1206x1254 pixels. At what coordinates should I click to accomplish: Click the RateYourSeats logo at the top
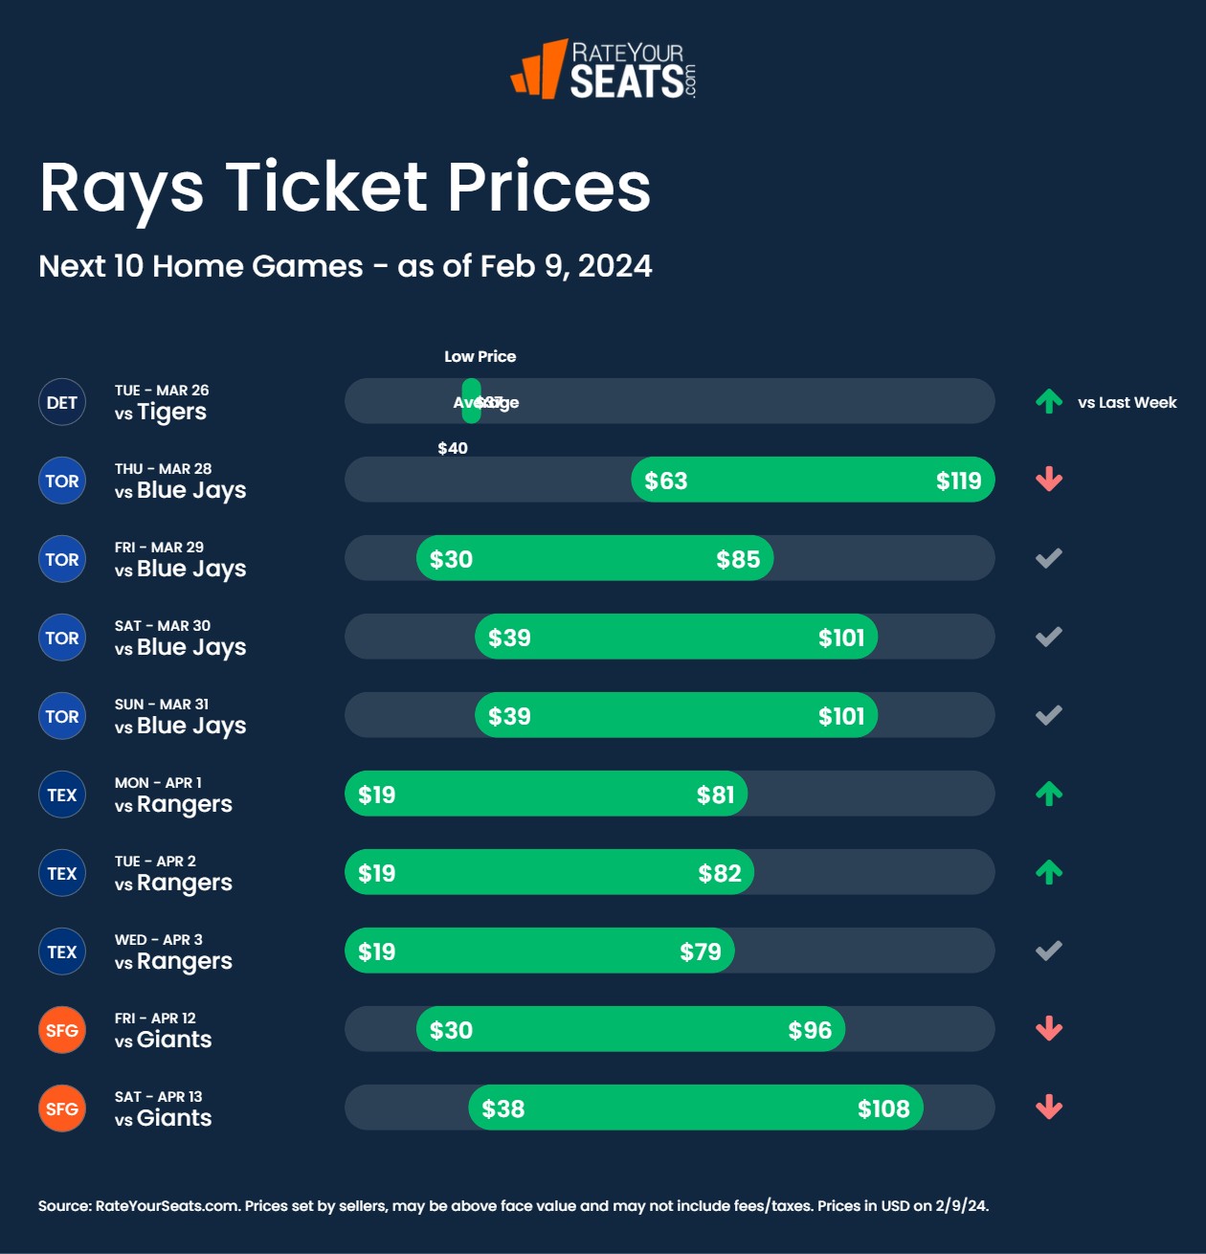[x=604, y=70]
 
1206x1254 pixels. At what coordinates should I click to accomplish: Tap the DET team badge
[x=62, y=402]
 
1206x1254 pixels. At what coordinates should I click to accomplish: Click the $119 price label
[x=958, y=481]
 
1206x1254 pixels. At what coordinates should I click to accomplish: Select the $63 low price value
[x=666, y=481]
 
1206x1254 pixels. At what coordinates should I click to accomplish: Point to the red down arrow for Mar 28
[x=1049, y=480]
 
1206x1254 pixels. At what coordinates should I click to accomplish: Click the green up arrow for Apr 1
[x=1049, y=794]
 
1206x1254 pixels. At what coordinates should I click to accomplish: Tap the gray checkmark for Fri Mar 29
[x=1049, y=558]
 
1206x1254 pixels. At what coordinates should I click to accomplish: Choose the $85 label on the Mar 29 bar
[x=738, y=559]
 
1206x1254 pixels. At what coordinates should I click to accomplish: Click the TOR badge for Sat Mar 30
[x=62, y=638]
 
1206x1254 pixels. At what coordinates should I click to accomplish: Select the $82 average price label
[x=720, y=873]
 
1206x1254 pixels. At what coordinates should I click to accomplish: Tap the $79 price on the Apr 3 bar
[x=701, y=952]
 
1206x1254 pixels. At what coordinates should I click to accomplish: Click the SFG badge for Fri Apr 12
[x=62, y=1030]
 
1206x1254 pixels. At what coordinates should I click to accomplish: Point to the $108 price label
[x=883, y=1108]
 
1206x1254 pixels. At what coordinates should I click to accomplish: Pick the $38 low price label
[x=503, y=1108]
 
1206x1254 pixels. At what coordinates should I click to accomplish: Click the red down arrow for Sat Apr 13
[x=1049, y=1108]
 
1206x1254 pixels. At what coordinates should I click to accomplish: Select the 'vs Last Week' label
[x=1127, y=402]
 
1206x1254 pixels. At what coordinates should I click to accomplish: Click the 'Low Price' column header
[x=480, y=356]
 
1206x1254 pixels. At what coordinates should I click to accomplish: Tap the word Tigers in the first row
[x=171, y=413]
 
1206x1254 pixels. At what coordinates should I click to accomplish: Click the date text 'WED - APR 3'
[x=159, y=940]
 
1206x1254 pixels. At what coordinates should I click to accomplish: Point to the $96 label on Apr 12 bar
[x=810, y=1030]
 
